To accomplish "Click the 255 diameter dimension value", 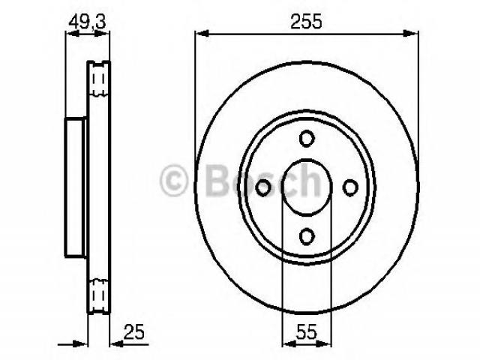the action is (306, 22).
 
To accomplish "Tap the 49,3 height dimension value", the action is (87, 22).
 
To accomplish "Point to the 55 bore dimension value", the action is (307, 331).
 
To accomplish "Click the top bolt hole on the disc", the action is (307, 138).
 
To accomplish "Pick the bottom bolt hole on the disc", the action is (307, 236).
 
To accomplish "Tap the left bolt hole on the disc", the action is (263, 187).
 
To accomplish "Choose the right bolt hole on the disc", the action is (350, 187).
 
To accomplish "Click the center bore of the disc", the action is (307, 187).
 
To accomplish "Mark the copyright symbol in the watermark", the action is (174, 180).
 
